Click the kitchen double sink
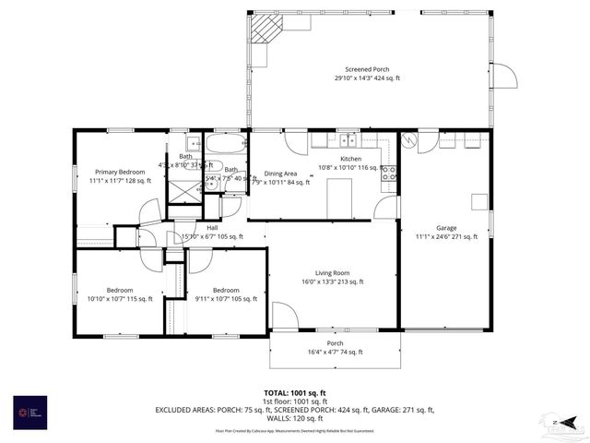coord(347,140)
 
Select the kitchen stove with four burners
coord(389,172)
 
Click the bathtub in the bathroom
coord(225,144)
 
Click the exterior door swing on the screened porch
coord(502,76)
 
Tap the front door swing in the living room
coord(285,317)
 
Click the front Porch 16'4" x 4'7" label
coord(336,347)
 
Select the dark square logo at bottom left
coord(30,412)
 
